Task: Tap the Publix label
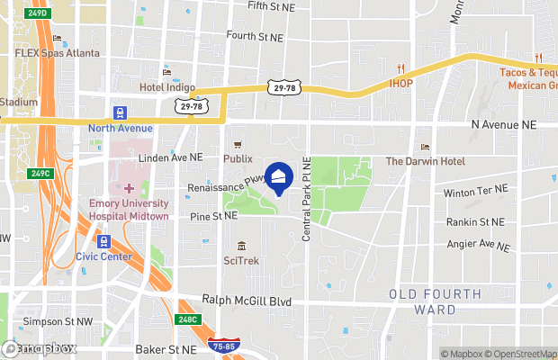click(x=238, y=158)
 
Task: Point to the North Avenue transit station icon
click(x=120, y=113)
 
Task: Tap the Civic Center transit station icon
click(x=103, y=241)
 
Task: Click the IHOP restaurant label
click(x=400, y=83)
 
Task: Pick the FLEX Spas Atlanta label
click(x=56, y=53)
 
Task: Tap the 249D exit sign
click(x=36, y=13)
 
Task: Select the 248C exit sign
click(x=188, y=319)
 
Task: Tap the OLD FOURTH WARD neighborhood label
click(x=435, y=301)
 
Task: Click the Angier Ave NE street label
click(x=478, y=245)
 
